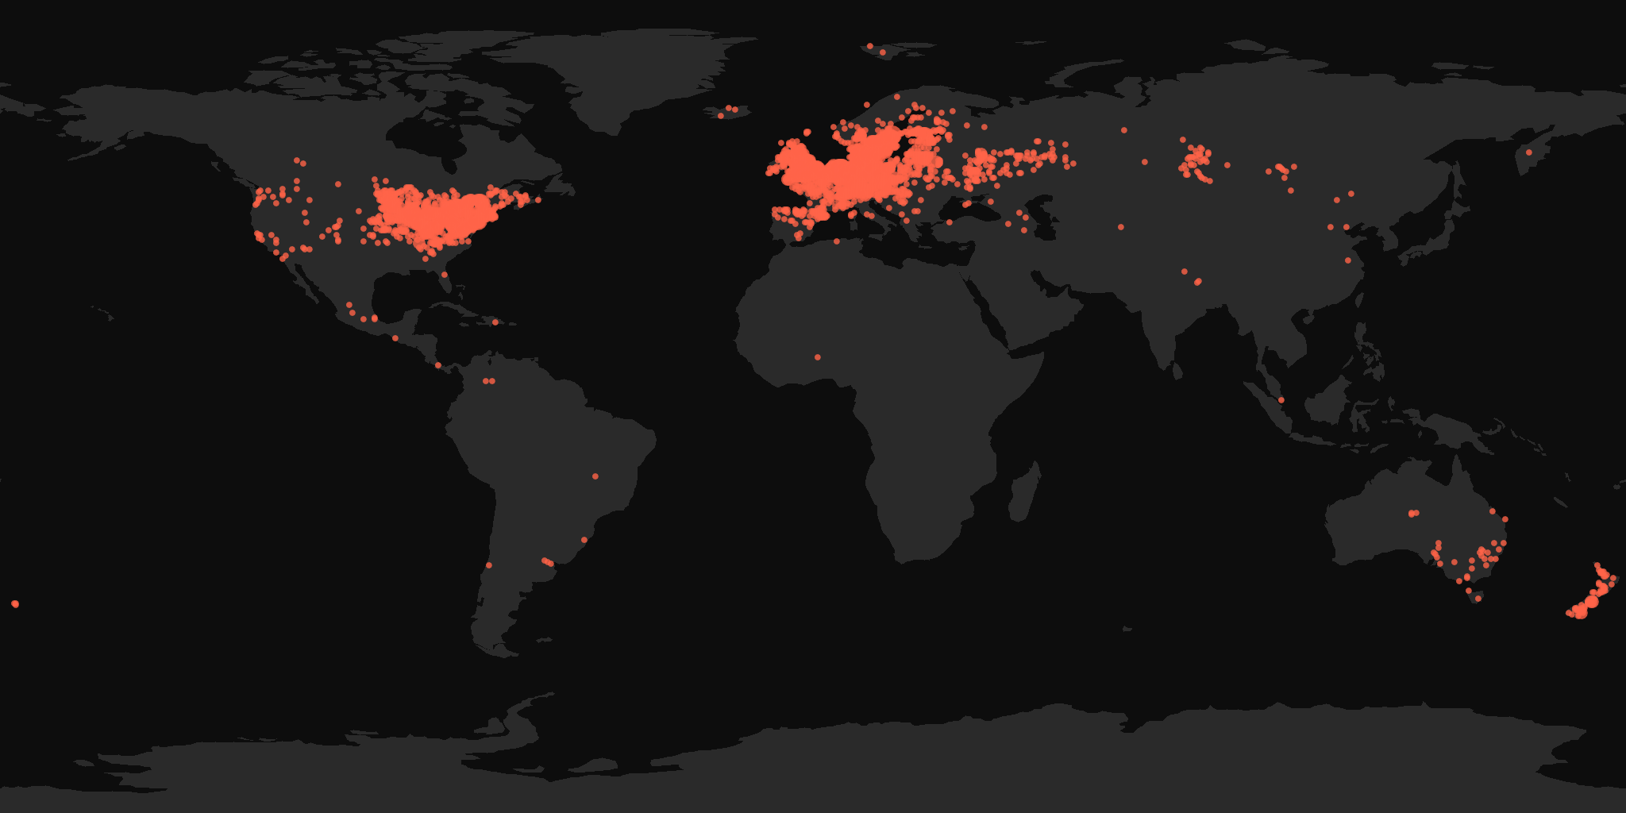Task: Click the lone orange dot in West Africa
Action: tap(818, 357)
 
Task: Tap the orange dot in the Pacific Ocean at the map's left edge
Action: tap(15, 604)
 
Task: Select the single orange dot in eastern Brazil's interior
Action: tap(595, 476)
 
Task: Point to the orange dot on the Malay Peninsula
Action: tap(1281, 399)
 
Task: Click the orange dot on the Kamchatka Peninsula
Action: tap(1528, 152)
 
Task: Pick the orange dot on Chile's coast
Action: tap(489, 565)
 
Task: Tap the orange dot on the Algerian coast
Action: tap(836, 241)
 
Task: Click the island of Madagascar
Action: tap(1023, 492)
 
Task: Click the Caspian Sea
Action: tap(1043, 218)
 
